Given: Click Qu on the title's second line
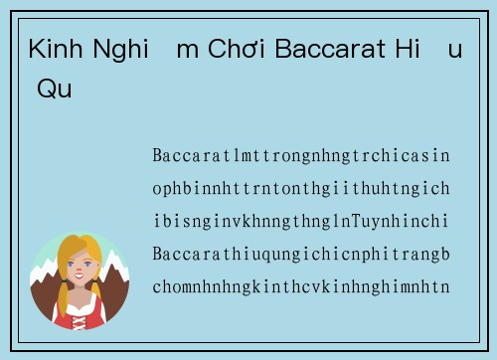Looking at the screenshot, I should (54, 89).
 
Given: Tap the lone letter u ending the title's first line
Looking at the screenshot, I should (455, 50).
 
